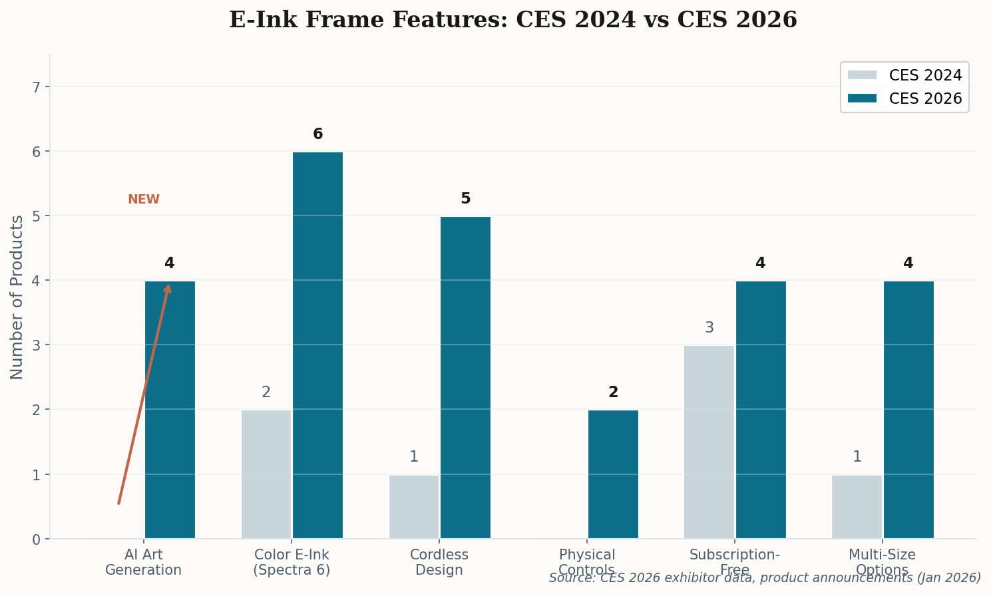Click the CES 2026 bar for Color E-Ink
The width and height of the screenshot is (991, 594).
point(317,345)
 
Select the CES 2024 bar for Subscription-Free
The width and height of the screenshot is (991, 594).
point(709,442)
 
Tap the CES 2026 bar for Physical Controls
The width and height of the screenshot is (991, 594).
point(613,474)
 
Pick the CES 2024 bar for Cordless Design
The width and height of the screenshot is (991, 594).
point(413,506)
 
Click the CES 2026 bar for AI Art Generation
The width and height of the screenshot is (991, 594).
point(170,410)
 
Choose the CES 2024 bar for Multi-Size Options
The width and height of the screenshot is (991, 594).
point(857,506)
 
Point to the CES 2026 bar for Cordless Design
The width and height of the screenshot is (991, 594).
point(465,377)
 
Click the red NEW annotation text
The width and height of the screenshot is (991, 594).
point(144,200)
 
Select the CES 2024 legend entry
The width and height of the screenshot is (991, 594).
point(904,75)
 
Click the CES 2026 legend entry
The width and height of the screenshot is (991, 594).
point(904,98)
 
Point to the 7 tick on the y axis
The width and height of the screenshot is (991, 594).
point(37,87)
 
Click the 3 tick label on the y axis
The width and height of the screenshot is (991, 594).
point(37,345)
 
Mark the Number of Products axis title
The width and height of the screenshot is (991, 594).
point(17,297)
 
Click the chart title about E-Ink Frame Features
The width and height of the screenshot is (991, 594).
point(512,20)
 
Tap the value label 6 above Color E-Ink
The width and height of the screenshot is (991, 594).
point(317,134)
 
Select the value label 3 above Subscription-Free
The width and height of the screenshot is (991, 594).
point(709,328)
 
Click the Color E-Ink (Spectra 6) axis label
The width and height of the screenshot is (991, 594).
point(292,562)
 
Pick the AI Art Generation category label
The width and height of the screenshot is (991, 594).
point(143,562)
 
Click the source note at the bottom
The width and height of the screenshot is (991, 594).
point(765,577)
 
